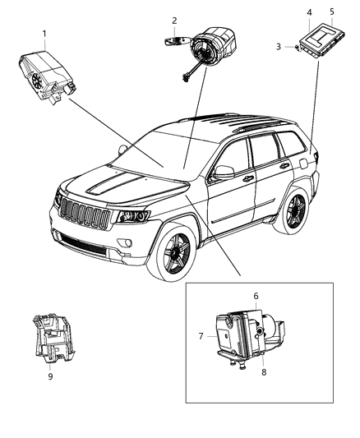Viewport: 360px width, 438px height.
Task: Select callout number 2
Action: pyautogui.click(x=174, y=20)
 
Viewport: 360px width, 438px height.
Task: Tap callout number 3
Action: pyautogui.click(x=279, y=47)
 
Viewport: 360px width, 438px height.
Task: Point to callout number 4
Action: pyautogui.click(x=309, y=12)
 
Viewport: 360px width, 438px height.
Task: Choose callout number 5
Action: pyautogui.click(x=332, y=12)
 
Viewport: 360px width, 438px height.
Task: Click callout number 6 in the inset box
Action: pyautogui.click(x=256, y=296)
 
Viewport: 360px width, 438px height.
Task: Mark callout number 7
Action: pyautogui.click(x=201, y=335)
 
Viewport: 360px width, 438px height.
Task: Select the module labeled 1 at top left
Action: pyautogui.click(x=44, y=75)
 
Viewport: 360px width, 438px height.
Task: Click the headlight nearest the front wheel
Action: pyautogui.click(x=132, y=217)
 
